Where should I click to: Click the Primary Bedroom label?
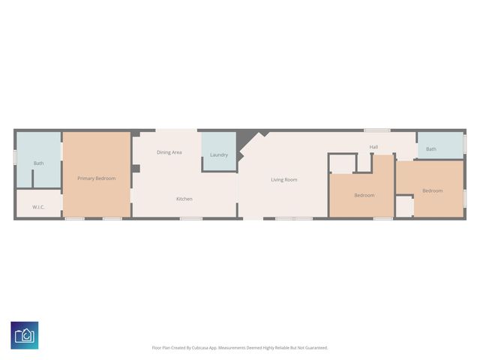97,178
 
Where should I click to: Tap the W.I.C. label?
39,207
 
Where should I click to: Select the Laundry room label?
219,155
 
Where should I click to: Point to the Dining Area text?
169,152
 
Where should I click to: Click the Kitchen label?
184,199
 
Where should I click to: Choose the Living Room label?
284,179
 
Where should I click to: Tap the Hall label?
373,147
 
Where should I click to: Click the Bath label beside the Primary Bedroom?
38,163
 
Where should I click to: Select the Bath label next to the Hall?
431,149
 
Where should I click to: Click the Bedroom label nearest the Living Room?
364,195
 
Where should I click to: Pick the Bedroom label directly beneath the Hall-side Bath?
432,190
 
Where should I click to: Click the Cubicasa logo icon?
25,335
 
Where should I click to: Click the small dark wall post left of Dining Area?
136,169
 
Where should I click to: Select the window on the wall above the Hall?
377,130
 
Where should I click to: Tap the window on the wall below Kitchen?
190,218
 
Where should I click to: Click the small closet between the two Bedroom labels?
404,206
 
